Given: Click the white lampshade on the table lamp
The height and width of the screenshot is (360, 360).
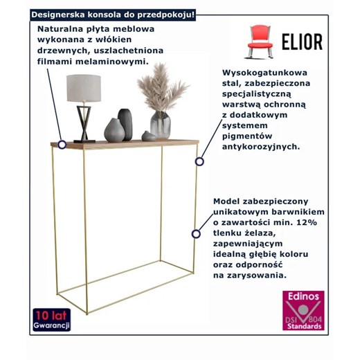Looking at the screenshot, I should coord(84,88).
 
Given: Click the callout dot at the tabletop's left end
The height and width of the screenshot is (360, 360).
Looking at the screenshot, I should coord(62,145).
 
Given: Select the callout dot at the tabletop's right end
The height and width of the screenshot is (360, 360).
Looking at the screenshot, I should coord(199,161).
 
